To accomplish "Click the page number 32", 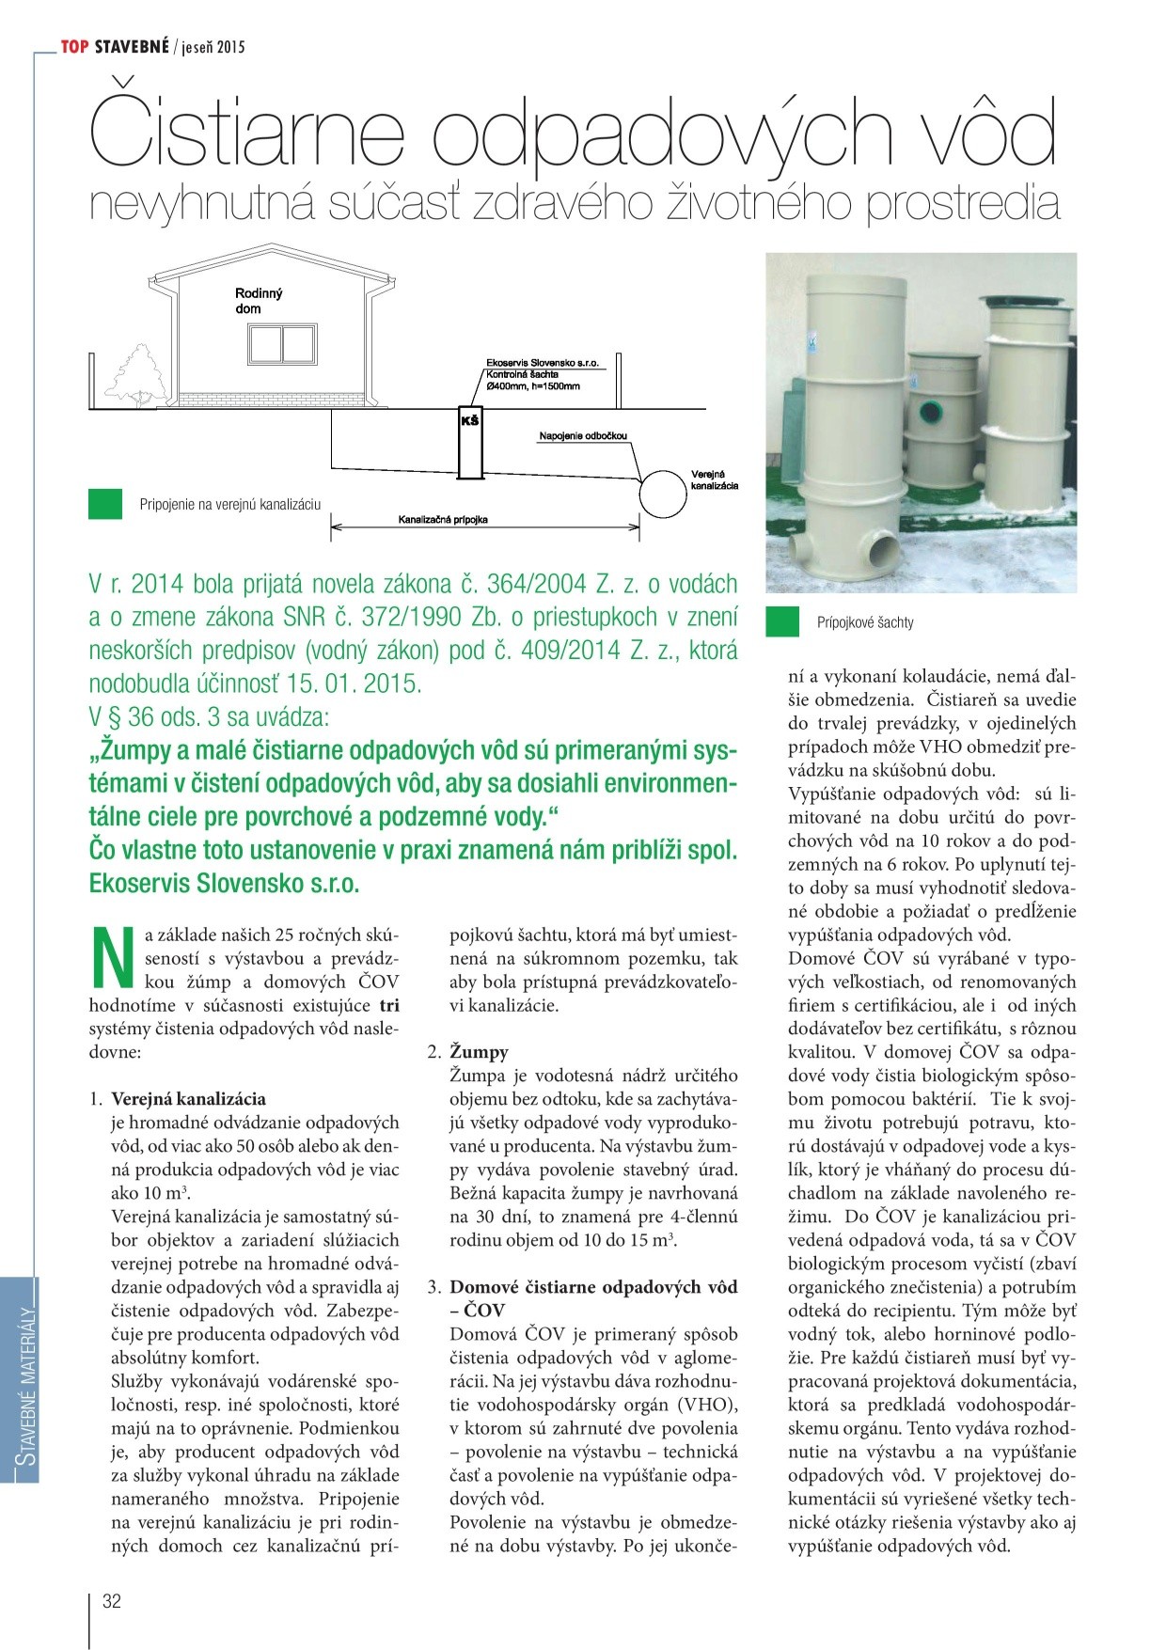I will pos(112,1601).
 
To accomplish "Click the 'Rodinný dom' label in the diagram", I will pos(258,301).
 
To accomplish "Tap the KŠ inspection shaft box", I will pos(469,442).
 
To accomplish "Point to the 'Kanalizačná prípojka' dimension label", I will pos(443,519).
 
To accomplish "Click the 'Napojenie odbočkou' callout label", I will pos(583,436).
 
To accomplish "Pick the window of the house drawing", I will pos(282,343).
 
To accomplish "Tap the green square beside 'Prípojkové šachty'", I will pos(782,622).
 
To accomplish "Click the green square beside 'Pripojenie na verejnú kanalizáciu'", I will pos(105,504).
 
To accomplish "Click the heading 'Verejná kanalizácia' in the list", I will pos(188,1098).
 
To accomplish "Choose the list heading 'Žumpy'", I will pos(479,1051).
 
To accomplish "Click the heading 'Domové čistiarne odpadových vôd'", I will pos(593,1286).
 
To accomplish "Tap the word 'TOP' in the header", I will pos(74,46).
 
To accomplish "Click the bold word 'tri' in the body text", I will pos(388,1004).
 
